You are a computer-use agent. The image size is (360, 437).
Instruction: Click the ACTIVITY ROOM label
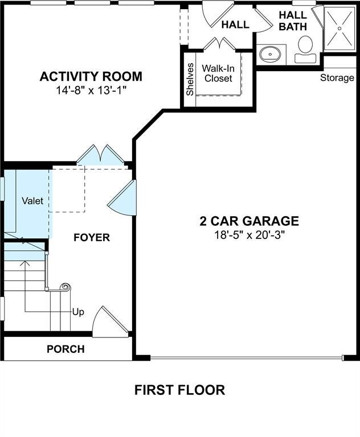pyautogui.click(x=91, y=76)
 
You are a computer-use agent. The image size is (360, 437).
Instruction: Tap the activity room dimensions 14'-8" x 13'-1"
pyautogui.click(x=91, y=90)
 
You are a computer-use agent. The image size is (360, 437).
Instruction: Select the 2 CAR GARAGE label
pyautogui.click(x=249, y=221)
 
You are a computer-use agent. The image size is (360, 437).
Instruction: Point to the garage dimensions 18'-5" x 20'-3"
pyautogui.click(x=249, y=235)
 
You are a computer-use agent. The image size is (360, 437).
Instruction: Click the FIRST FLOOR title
pyautogui.click(x=179, y=390)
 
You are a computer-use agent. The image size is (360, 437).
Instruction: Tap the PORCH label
pyautogui.click(x=66, y=349)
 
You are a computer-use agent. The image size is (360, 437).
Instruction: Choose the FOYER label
pyautogui.click(x=92, y=237)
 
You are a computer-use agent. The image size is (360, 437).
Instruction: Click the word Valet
pyautogui.click(x=32, y=201)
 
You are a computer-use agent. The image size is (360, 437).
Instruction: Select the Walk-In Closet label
pyautogui.click(x=219, y=73)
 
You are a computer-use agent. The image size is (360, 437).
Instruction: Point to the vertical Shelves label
pyautogui.click(x=189, y=79)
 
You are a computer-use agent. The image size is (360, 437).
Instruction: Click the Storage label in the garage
pyautogui.click(x=337, y=78)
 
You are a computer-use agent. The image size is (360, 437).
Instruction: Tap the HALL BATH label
pyautogui.click(x=293, y=21)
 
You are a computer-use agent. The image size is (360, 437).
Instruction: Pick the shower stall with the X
pyautogui.click(x=339, y=27)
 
